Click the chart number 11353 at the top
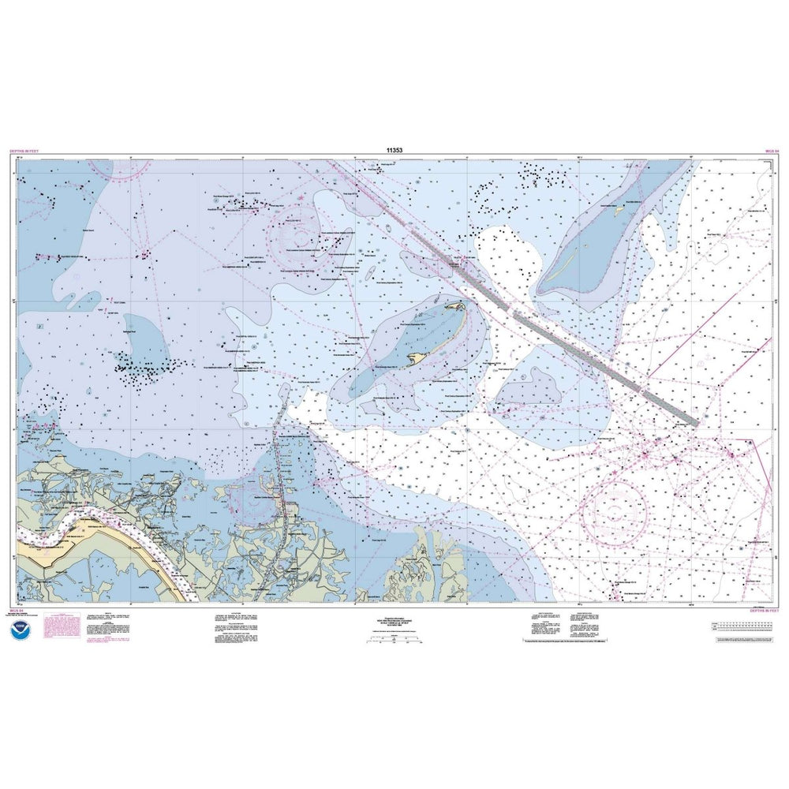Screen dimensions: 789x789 [394, 149]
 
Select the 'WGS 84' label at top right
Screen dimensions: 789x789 [771, 150]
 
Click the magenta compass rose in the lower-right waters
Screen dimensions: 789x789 [614, 512]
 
